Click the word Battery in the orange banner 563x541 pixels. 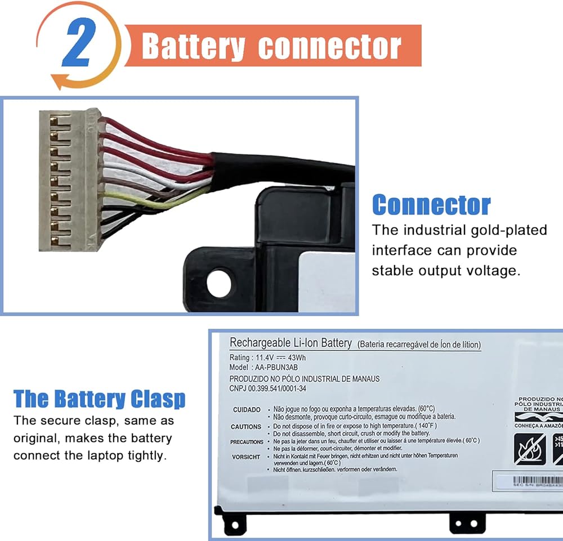point(193,46)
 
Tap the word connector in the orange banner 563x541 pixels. point(329,47)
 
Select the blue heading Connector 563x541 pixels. point(431,205)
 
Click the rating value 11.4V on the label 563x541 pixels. point(266,357)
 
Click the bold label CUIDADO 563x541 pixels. point(247,410)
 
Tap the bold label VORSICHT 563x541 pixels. point(246,457)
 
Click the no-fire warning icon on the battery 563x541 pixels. point(528,448)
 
